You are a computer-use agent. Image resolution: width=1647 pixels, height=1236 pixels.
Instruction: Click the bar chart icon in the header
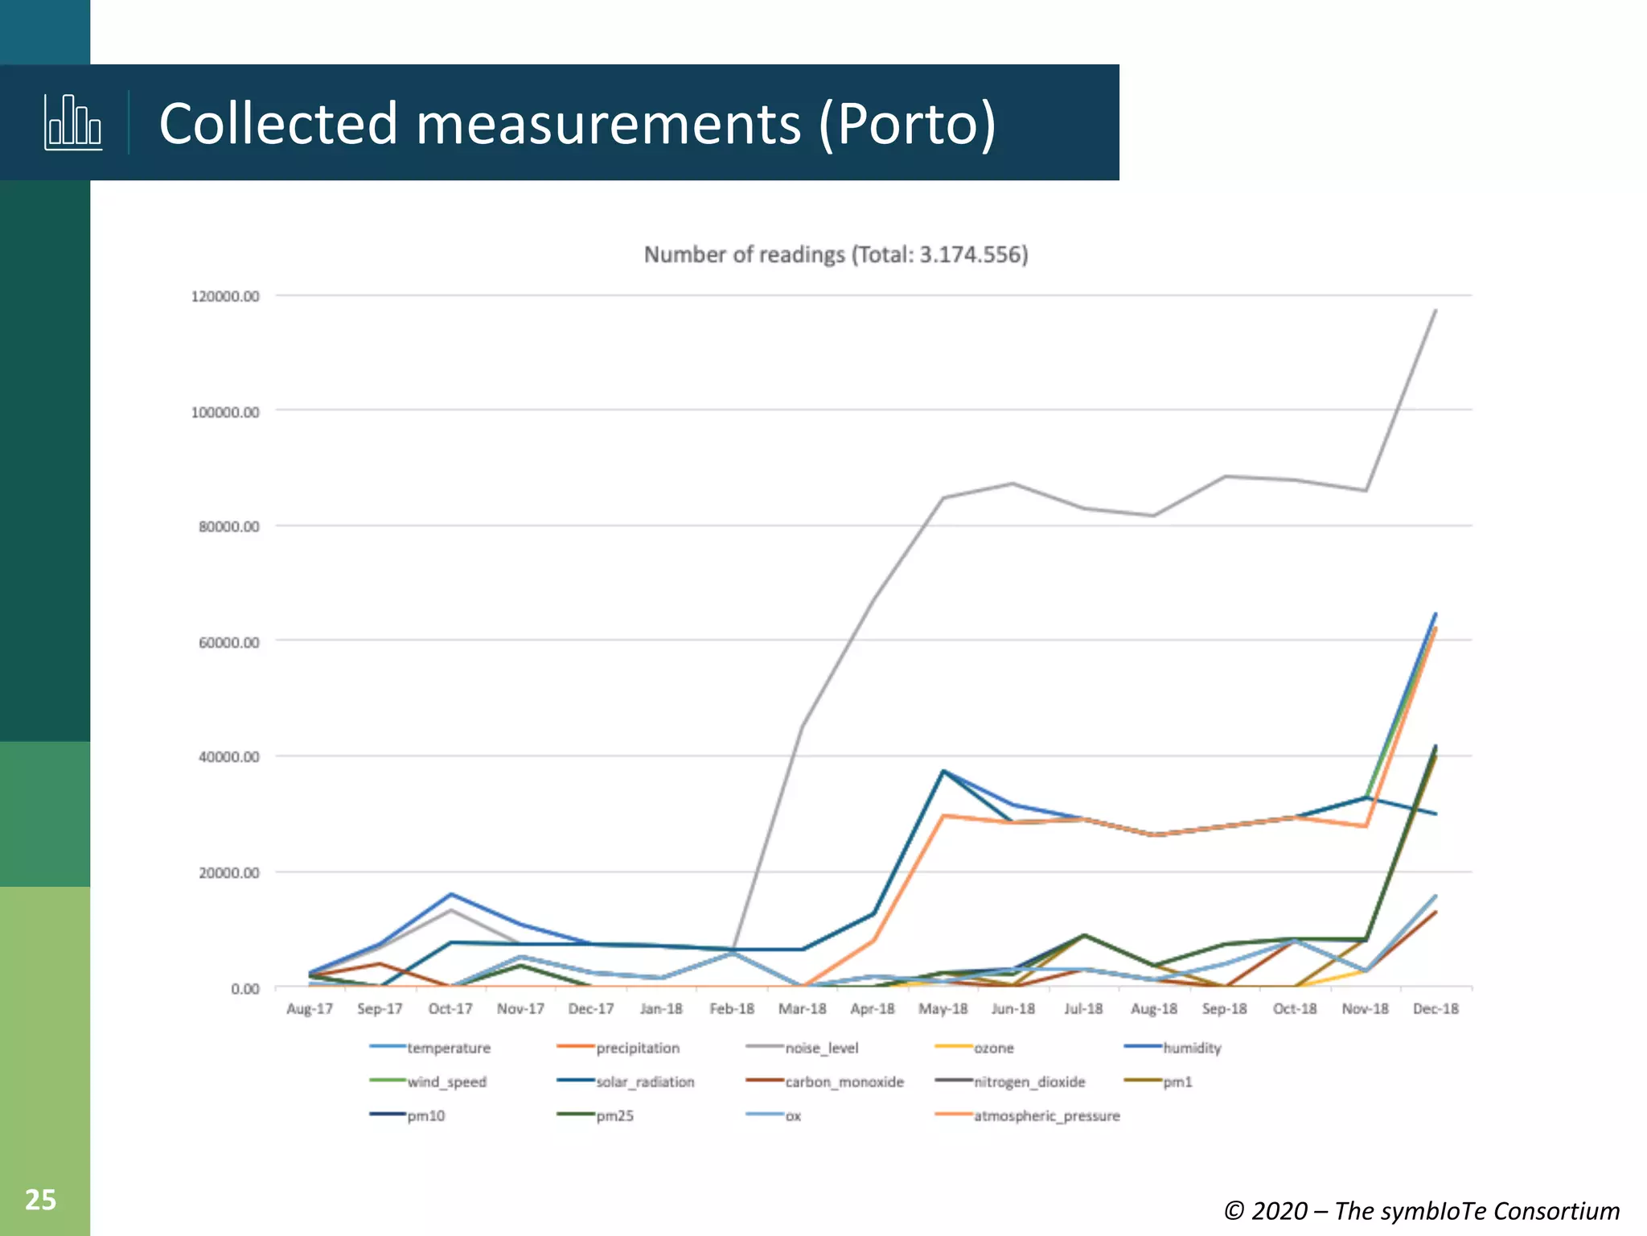[72, 122]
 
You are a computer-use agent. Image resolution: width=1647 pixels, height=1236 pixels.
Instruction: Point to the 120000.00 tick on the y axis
[225, 297]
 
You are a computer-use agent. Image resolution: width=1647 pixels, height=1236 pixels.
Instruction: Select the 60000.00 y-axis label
[229, 643]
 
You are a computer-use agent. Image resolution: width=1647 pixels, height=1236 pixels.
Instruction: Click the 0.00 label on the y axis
[244, 988]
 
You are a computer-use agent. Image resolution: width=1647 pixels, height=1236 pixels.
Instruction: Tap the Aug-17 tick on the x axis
[310, 1009]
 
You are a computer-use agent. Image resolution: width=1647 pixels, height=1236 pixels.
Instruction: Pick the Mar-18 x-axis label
[802, 1009]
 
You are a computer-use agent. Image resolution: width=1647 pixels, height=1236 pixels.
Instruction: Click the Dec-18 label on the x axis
[1435, 1009]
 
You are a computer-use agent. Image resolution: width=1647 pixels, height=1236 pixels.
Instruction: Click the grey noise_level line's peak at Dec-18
[1435, 311]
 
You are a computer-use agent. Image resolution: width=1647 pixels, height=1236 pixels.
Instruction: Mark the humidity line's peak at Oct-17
[451, 894]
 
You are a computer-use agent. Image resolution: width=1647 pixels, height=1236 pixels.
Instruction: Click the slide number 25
[40, 1200]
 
